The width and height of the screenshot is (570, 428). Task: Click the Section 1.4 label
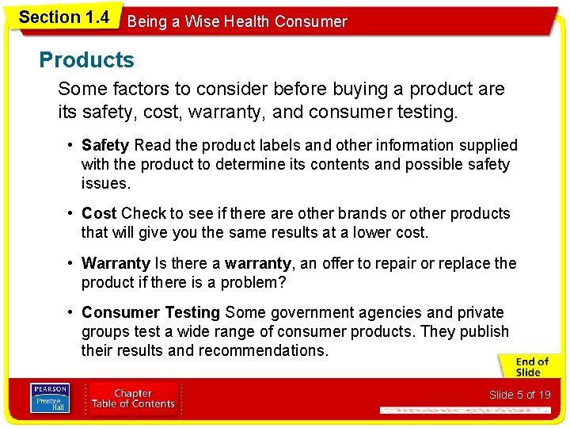tap(63, 17)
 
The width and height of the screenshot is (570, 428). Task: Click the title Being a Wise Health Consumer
tap(237, 21)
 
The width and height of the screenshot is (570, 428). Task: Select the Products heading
tap(87, 60)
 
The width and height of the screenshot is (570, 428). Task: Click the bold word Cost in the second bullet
tap(99, 213)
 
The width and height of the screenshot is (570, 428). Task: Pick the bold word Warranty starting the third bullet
tap(116, 263)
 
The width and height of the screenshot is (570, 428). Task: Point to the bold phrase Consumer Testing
tap(150, 312)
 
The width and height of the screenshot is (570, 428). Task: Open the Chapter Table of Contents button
tap(133, 398)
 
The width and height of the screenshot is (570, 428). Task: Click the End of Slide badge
tap(527, 367)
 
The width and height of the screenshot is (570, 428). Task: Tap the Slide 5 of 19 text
tap(519, 395)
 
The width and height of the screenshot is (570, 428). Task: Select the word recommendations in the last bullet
tap(261, 350)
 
